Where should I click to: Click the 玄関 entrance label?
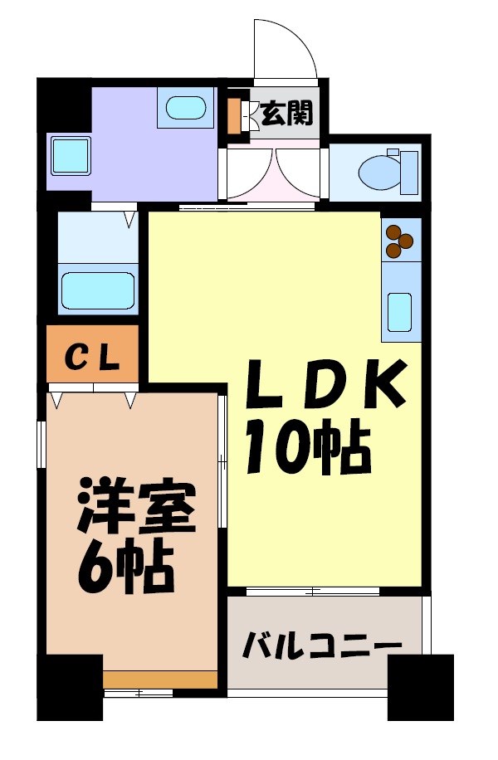(x=287, y=114)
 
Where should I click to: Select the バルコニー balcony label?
(x=322, y=645)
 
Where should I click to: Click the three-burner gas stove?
(x=401, y=238)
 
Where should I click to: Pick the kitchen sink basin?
(x=400, y=311)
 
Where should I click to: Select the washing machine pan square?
(x=71, y=155)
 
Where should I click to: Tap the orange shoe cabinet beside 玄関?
(x=234, y=114)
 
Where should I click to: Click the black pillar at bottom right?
(x=420, y=687)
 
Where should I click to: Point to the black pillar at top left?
(x=63, y=104)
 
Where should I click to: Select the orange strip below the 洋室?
(x=159, y=680)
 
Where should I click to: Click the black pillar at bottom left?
(x=70, y=687)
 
